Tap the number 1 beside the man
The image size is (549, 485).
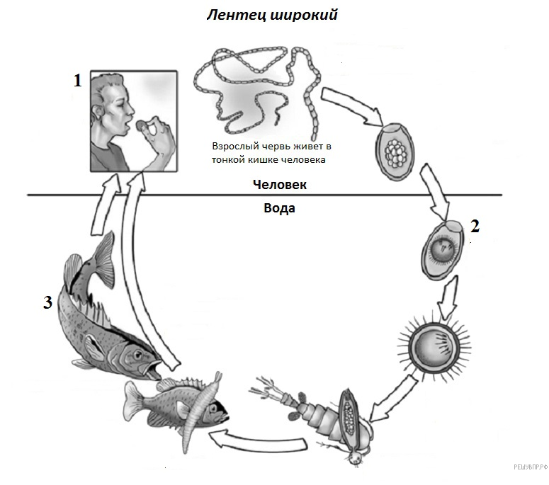click(x=78, y=80)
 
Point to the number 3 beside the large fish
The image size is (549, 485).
click(x=47, y=303)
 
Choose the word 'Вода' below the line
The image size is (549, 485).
click(x=279, y=208)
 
